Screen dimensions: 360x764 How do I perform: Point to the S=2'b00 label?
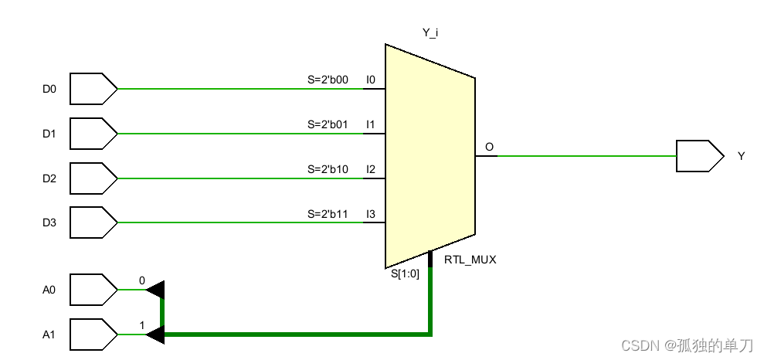click(x=328, y=80)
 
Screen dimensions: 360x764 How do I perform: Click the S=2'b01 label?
click(x=328, y=124)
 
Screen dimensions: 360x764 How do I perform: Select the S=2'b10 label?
click(x=328, y=169)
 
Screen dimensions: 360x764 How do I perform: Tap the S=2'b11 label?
click(x=328, y=214)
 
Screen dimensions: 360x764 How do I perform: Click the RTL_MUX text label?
click(x=470, y=260)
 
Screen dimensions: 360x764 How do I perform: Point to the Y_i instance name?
click(x=430, y=32)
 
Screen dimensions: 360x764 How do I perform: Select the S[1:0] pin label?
click(x=405, y=273)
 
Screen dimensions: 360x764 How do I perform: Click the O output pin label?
click(x=489, y=147)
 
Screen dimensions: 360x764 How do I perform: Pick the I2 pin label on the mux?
click(x=371, y=169)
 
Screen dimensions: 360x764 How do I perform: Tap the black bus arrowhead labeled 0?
click(x=157, y=290)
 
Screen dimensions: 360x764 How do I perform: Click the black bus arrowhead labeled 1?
click(x=157, y=335)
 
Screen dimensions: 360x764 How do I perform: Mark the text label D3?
click(x=49, y=223)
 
